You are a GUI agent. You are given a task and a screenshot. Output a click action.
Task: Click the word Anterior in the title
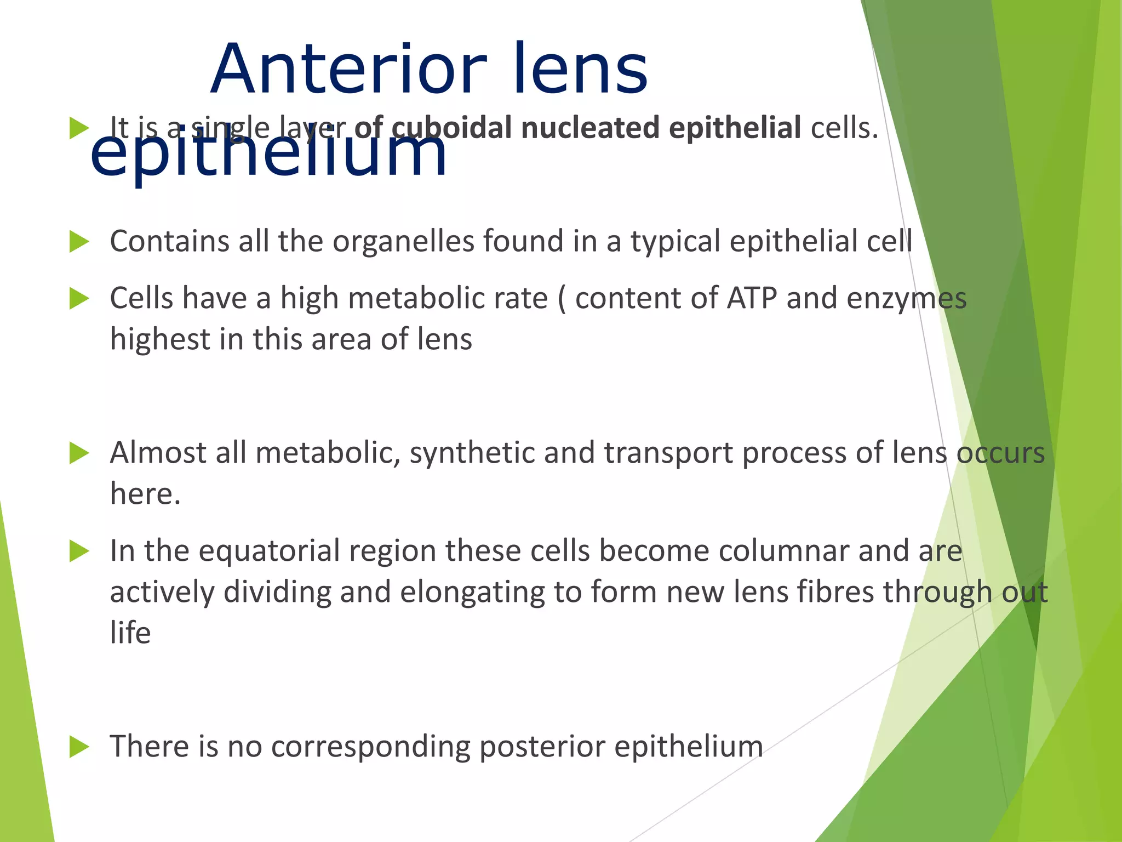[348, 70]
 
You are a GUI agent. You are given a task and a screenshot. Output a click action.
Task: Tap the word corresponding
[370, 747]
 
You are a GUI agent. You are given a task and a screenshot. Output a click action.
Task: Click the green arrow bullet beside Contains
[79, 242]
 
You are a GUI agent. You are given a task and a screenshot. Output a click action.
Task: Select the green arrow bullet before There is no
[79, 747]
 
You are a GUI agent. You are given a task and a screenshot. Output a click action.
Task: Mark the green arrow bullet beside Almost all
[79, 453]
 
